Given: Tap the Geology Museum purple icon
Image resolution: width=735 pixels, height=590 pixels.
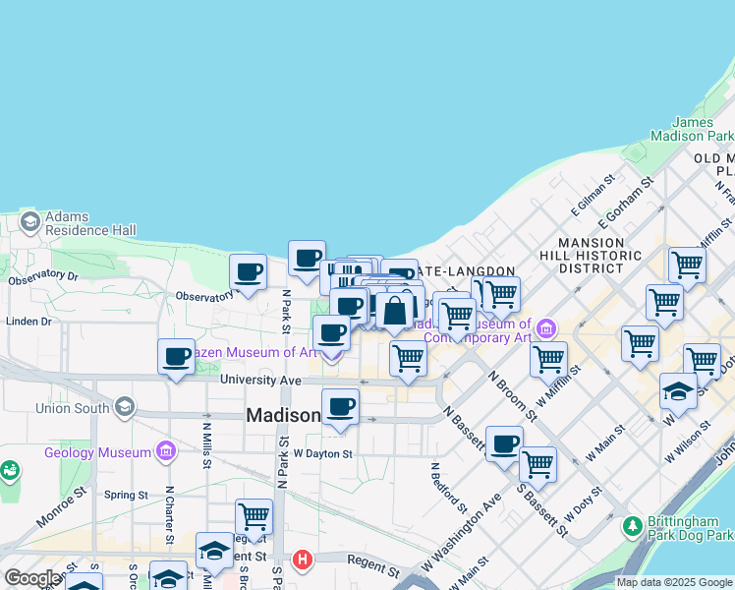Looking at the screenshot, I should click(x=166, y=452).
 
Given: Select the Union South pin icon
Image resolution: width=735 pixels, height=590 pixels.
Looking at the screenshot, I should click(x=125, y=407).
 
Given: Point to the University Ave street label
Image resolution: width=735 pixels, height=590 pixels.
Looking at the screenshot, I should click(x=260, y=380).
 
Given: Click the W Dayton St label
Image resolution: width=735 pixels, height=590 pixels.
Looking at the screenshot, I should click(x=322, y=453).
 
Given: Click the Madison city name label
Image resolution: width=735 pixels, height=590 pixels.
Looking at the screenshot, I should click(x=283, y=415).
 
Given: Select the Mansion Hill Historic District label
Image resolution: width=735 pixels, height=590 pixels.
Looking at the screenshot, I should click(x=598, y=255).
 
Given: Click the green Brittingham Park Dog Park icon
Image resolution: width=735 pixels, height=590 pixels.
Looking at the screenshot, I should click(x=633, y=526).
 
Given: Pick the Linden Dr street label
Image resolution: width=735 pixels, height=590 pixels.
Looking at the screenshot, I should click(x=28, y=322).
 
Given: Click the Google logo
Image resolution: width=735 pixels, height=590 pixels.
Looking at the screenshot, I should click(x=31, y=578).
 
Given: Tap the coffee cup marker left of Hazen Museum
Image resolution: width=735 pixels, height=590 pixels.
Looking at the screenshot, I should click(x=177, y=358).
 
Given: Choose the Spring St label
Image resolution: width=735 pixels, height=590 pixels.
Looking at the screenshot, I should click(x=125, y=495).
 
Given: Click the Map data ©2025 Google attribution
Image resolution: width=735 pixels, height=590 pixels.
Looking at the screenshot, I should click(x=674, y=582).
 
